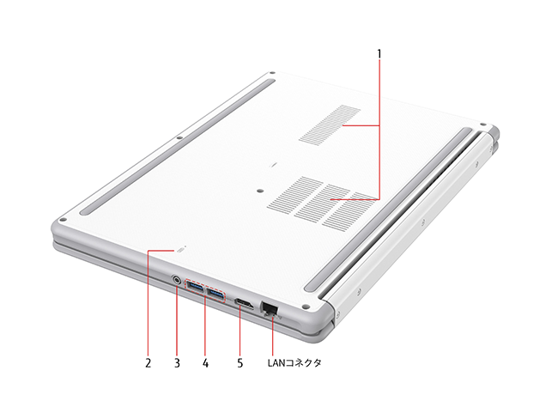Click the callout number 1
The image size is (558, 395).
tap(379, 54)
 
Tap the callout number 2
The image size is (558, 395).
tap(148, 363)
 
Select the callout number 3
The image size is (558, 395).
tap(177, 363)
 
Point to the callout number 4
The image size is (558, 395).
tap(205, 363)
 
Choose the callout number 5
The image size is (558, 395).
tap(240, 363)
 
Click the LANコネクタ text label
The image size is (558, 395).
tap(294, 362)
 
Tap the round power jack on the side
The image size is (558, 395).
tap(177, 280)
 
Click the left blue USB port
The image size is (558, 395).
tap(196, 287)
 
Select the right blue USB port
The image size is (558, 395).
tap(215, 295)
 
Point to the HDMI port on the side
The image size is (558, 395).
tap(244, 304)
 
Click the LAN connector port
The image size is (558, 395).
tap(269, 307)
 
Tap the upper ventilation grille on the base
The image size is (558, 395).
tap(330, 125)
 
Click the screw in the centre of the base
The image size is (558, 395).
tap(260, 191)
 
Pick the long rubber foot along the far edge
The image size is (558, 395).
tap(177, 147)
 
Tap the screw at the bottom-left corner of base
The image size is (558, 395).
tap(63, 221)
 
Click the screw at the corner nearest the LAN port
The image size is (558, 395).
tap(305, 307)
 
